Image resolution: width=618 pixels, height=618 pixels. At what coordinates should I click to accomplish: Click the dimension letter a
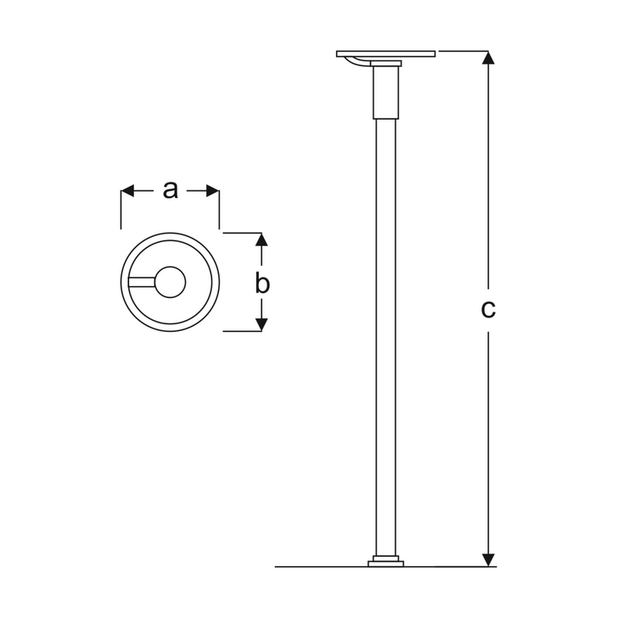[x=171, y=190]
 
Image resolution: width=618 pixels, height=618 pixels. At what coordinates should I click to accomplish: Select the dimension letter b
[x=262, y=284]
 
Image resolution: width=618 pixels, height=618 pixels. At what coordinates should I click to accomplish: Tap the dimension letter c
[x=488, y=310]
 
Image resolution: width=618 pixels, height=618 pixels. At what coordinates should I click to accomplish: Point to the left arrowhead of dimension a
[x=128, y=192]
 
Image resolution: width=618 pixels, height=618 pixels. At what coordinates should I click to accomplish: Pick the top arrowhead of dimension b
[x=261, y=240]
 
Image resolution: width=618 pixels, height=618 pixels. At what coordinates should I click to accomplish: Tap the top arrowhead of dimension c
[x=488, y=59]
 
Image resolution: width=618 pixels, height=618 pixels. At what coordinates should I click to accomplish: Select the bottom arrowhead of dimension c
[x=488, y=559]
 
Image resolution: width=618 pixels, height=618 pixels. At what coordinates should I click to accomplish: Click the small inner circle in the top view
[x=171, y=282]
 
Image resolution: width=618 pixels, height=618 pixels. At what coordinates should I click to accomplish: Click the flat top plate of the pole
[x=386, y=53]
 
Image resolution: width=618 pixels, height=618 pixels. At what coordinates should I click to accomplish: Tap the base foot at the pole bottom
[x=385, y=562]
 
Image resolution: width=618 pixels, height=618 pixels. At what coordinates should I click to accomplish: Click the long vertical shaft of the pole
[x=385, y=340]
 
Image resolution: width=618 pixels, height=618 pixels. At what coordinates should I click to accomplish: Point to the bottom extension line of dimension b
[x=242, y=331]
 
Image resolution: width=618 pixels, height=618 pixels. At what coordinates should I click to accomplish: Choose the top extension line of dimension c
[x=463, y=51]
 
